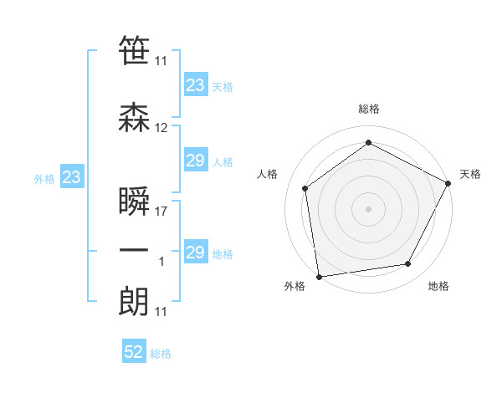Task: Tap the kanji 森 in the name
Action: click(x=134, y=118)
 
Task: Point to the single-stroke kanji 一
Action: click(x=134, y=252)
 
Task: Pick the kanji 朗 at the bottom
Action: click(x=134, y=302)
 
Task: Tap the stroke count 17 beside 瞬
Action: click(x=161, y=212)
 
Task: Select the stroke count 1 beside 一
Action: click(x=161, y=262)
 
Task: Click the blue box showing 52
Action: click(x=134, y=353)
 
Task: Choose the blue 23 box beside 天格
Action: click(x=196, y=85)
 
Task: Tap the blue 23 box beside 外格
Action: click(x=71, y=177)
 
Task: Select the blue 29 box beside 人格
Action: click(x=196, y=161)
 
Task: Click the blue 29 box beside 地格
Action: click(x=196, y=253)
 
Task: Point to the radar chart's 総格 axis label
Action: click(x=369, y=110)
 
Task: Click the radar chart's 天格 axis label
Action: click(x=470, y=174)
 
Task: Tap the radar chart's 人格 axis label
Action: click(x=268, y=174)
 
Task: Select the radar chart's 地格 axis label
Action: click(x=438, y=287)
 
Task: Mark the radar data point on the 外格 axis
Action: click(x=319, y=276)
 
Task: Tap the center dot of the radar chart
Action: click(x=369, y=208)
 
